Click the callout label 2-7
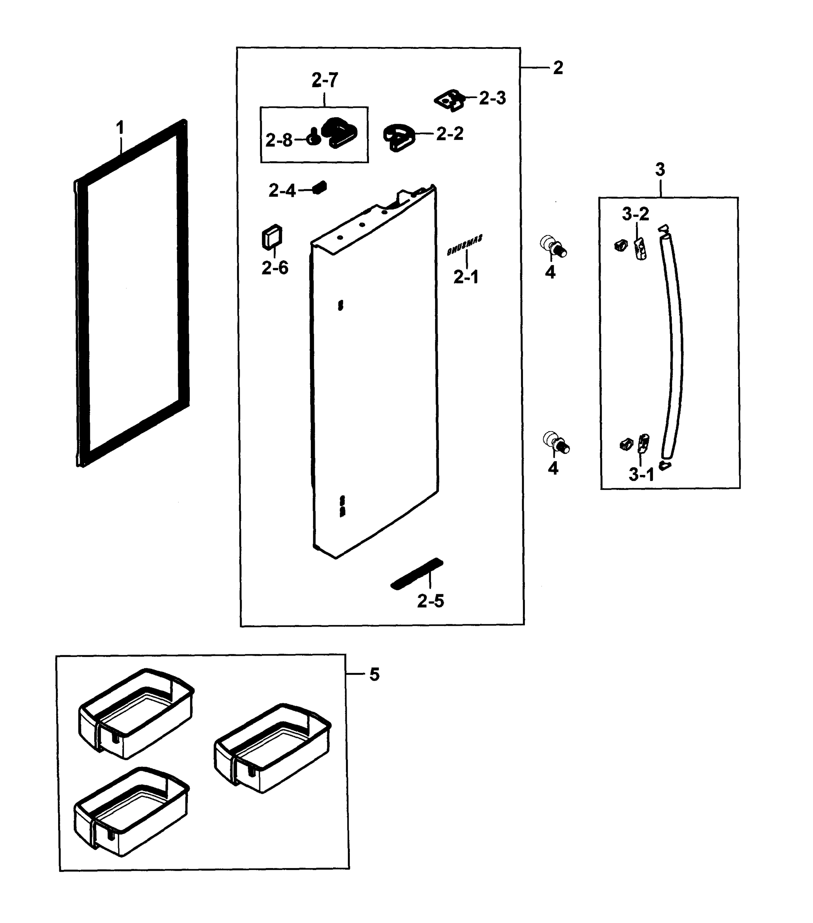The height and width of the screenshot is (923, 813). tap(324, 80)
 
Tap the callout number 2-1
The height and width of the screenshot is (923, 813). tap(466, 277)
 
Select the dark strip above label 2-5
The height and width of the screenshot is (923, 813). tap(417, 573)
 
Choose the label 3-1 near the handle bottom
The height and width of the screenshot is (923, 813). tap(641, 475)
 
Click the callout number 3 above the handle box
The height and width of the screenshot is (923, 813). tap(660, 170)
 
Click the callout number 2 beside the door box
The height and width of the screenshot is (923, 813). tap(558, 68)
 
